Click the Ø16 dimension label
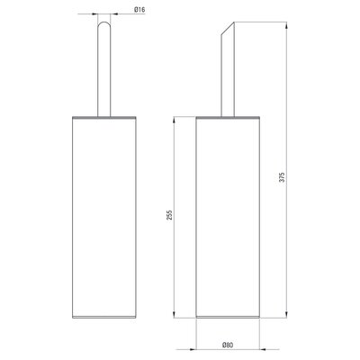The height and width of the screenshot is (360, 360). point(139,10)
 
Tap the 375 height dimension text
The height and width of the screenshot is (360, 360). point(282,177)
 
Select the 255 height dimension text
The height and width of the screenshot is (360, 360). point(169,215)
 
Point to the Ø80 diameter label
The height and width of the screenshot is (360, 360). point(228,345)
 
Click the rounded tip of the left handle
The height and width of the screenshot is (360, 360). point(104,23)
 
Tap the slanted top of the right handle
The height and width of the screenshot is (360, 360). point(228,28)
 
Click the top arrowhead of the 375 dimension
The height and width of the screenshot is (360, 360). point(286,25)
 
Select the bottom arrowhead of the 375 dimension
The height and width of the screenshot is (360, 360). point(286,314)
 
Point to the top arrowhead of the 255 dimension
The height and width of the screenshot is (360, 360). point(175,120)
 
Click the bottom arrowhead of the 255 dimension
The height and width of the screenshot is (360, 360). point(175,314)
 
